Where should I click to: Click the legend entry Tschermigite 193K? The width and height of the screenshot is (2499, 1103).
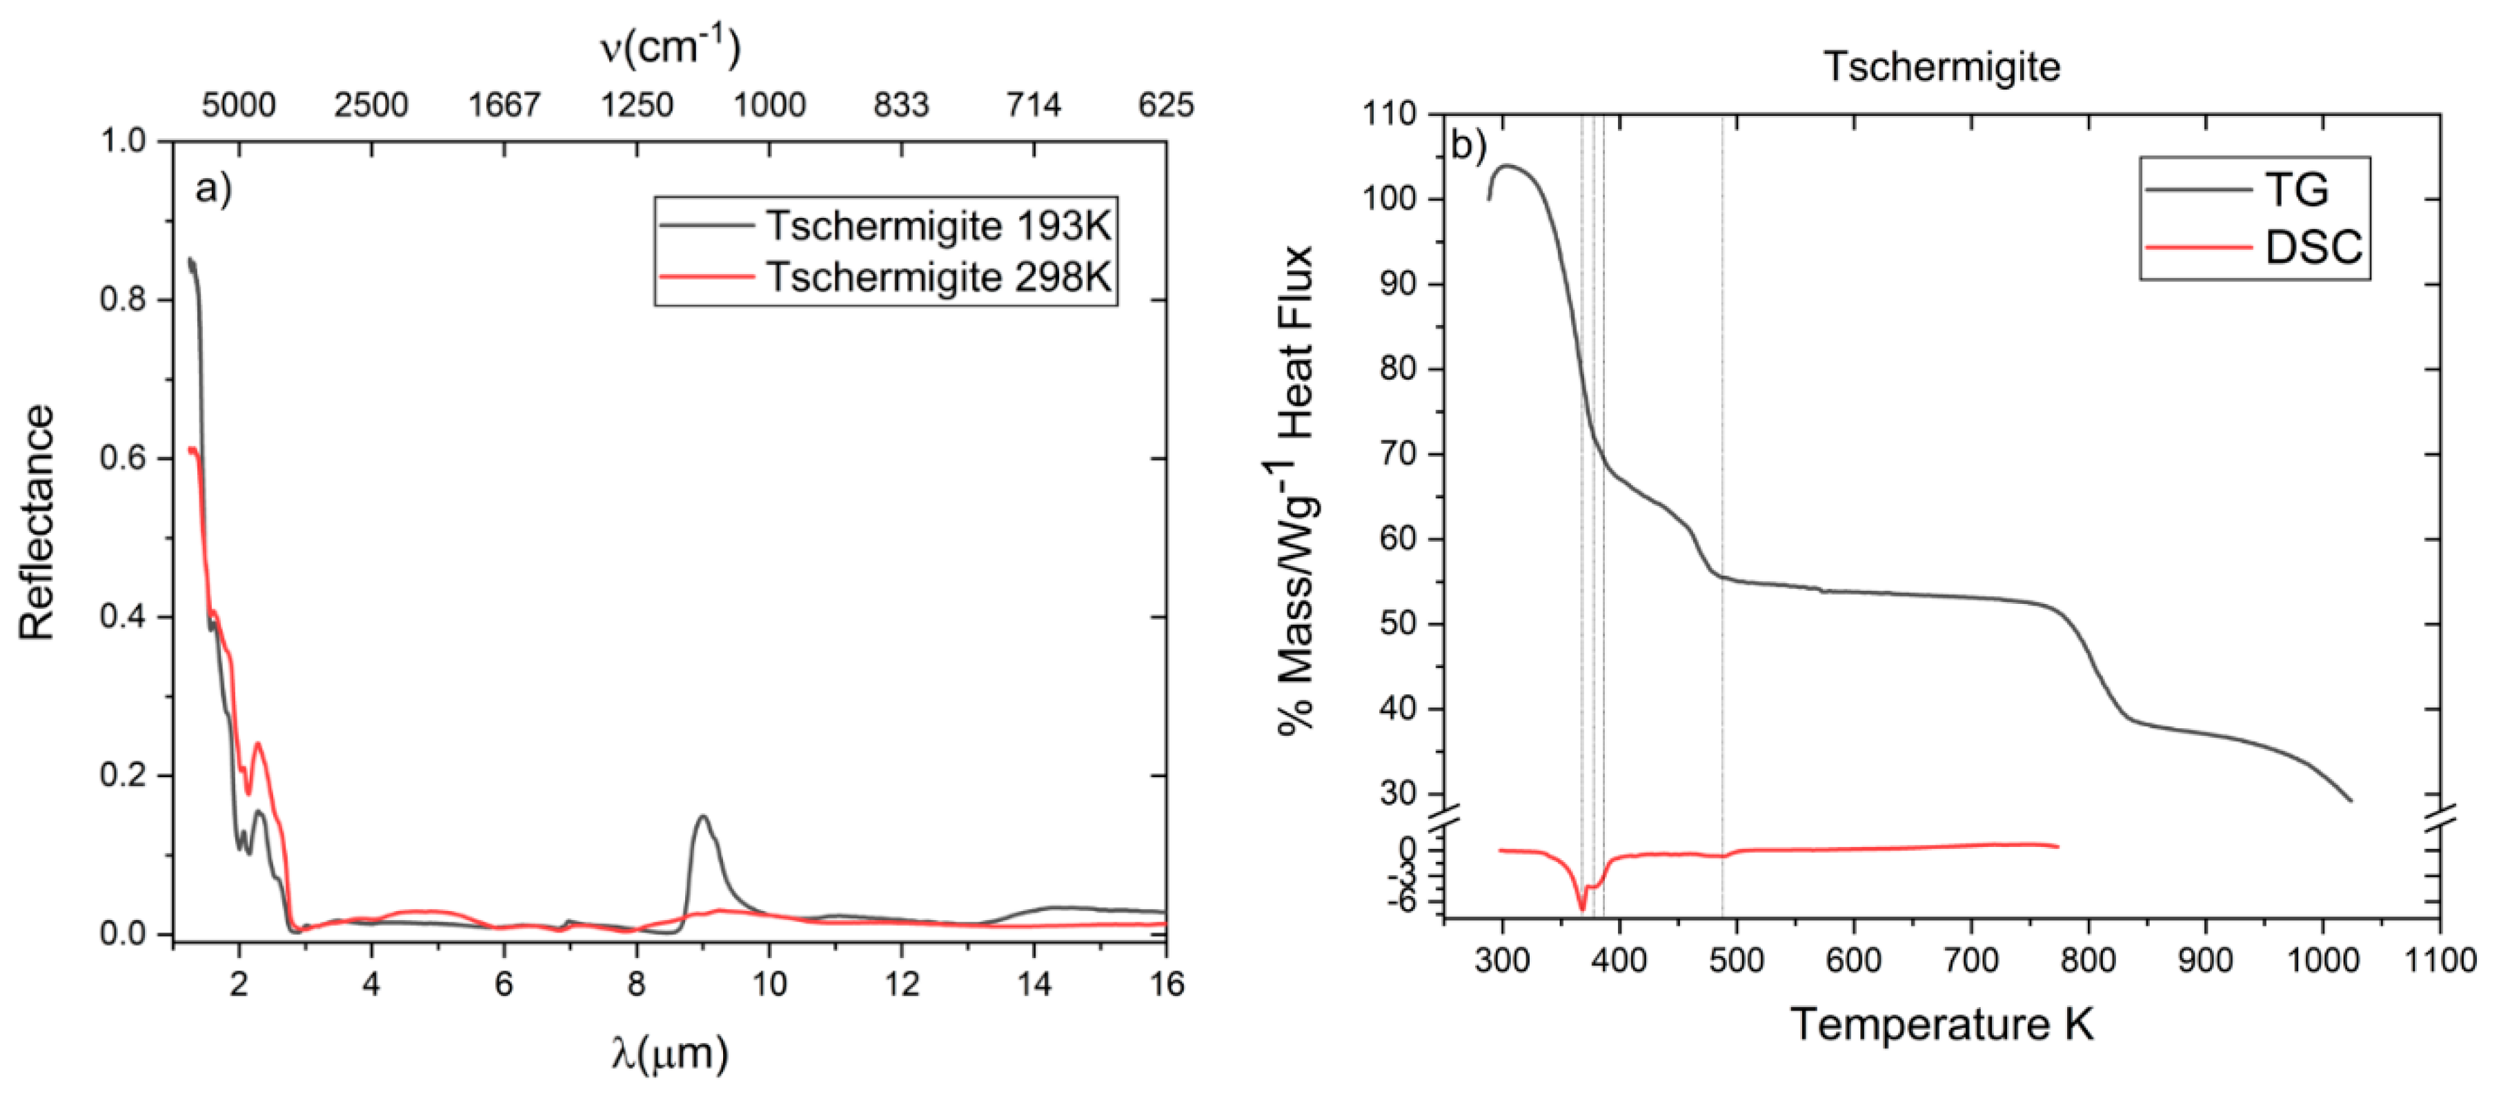[x=937, y=226]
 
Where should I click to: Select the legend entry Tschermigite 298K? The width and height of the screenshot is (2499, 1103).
[x=937, y=277]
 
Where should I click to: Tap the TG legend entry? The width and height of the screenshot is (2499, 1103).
[x=2295, y=189]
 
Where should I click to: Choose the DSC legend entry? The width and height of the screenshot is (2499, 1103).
[x=2313, y=247]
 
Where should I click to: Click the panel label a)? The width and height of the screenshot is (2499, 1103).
[x=213, y=188]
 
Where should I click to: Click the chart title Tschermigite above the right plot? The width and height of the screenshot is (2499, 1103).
[x=1942, y=67]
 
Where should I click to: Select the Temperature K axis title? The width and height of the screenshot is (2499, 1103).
[x=1942, y=1024]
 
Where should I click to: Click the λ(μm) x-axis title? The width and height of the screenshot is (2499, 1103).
[x=669, y=1052]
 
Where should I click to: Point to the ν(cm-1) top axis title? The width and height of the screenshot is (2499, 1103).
[x=669, y=46]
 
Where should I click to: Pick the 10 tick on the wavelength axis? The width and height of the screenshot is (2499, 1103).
[x=769, y=985]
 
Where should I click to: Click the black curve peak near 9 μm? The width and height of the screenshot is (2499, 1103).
[x=702, y=817]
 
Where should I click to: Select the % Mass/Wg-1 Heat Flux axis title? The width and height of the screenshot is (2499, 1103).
[x=1296, y=490]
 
